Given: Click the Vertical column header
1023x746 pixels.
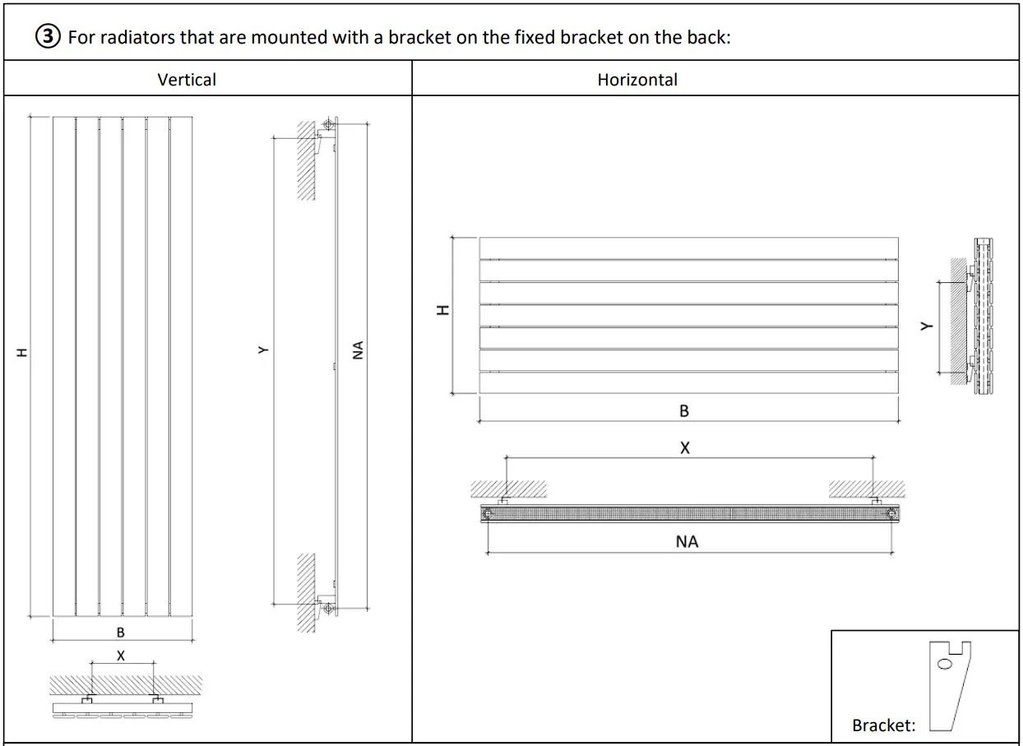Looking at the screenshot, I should click(x=187, y=80).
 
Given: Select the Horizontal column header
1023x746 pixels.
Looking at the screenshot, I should click(x=637, y=80).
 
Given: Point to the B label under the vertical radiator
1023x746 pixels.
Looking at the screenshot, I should click(x=121, y=632).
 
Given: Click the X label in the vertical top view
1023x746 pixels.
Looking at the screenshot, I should click(x=121, y=656).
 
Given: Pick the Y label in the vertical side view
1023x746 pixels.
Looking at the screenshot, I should click(x=262, y=350).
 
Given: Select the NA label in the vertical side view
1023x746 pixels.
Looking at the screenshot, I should click(x=358, y=350).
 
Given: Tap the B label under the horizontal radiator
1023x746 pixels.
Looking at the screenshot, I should click(x=684, y=411).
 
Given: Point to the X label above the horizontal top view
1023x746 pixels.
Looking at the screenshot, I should click(x=685, y=448).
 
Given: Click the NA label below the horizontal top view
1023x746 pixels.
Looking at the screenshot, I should click(x=687, y=541).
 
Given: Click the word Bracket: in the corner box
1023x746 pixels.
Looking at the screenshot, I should click(x=883, y=725).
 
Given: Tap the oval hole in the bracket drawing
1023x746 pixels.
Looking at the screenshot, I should click(x=945, y=664).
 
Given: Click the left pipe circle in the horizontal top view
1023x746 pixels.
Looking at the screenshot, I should click(x=488, y=513).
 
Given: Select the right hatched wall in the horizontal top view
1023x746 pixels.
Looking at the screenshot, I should click(x=867, y=489).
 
